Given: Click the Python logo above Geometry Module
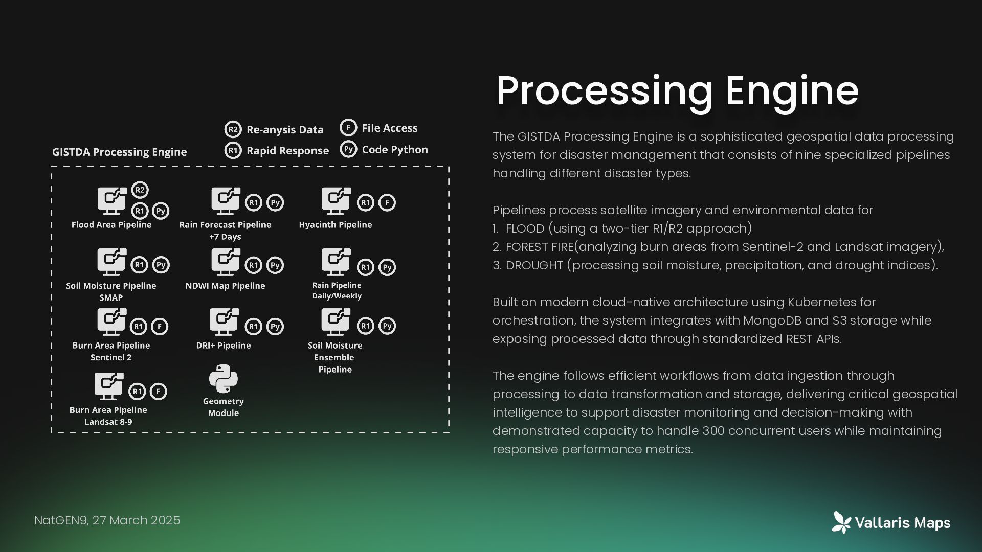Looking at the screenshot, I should coord(224,379).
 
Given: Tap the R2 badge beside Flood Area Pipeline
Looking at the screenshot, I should coord(140,190).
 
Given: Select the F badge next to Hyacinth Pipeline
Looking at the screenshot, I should coord(387,202).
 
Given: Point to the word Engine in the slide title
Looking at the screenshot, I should coord(792,91).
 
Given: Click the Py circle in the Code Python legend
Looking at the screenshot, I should coord(348,149).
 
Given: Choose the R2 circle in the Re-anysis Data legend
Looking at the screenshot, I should coord(233,129).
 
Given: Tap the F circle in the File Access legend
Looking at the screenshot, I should coord(348,127).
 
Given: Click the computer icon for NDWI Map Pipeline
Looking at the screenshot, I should coord(226,262).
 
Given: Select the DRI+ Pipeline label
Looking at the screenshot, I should coord(224,346).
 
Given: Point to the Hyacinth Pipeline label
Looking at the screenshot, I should coord(336,225).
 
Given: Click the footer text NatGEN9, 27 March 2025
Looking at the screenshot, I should coord(107,520).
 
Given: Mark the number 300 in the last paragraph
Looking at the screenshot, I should coord(713,431).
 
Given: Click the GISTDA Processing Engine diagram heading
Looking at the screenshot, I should coord(119,152).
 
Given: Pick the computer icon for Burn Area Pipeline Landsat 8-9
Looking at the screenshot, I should coord(109,386).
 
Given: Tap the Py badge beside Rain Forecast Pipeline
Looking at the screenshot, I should coord(275,202).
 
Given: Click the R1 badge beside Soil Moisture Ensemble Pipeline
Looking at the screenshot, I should coord(365,326).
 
